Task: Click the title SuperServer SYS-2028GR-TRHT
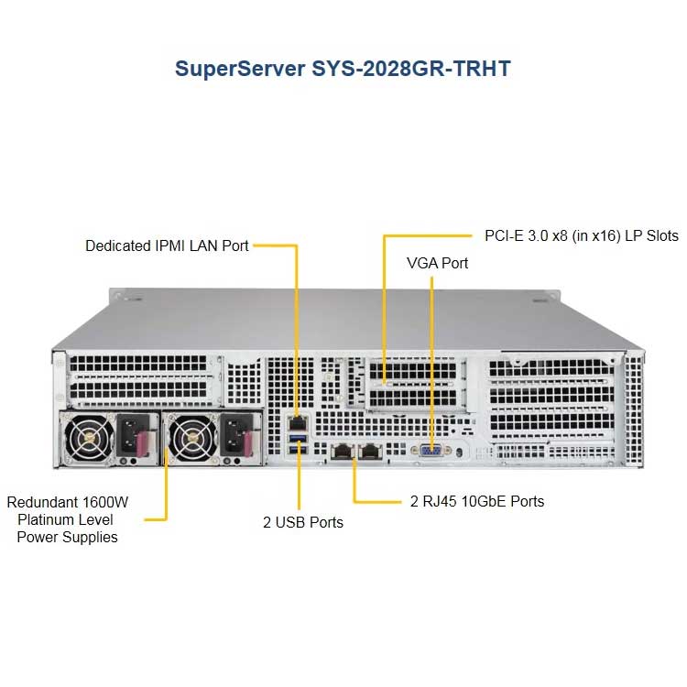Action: pos(343,69)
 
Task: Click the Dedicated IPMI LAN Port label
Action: pos(167,245)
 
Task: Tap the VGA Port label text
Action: pos(437,263)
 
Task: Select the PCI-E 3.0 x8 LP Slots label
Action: pos(582,235)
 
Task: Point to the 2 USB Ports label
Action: pos(303,522)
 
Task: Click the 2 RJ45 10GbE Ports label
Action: pos(477,501)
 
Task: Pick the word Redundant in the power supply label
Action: pos(42,502)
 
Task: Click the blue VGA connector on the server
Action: pos(431,450)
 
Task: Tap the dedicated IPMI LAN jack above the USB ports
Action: pos(298,424)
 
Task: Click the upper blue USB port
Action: pos(298,439)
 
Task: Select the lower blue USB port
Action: pos(298,450)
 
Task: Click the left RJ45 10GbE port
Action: pos(343,452)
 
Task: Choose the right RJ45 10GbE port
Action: pos(370,452)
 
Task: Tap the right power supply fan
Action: pos(192,439)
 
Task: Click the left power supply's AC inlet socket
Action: pos(129,436)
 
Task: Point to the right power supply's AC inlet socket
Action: pos(233,436)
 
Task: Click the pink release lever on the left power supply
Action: pos(144,443)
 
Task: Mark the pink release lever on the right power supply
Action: pos(246,443)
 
